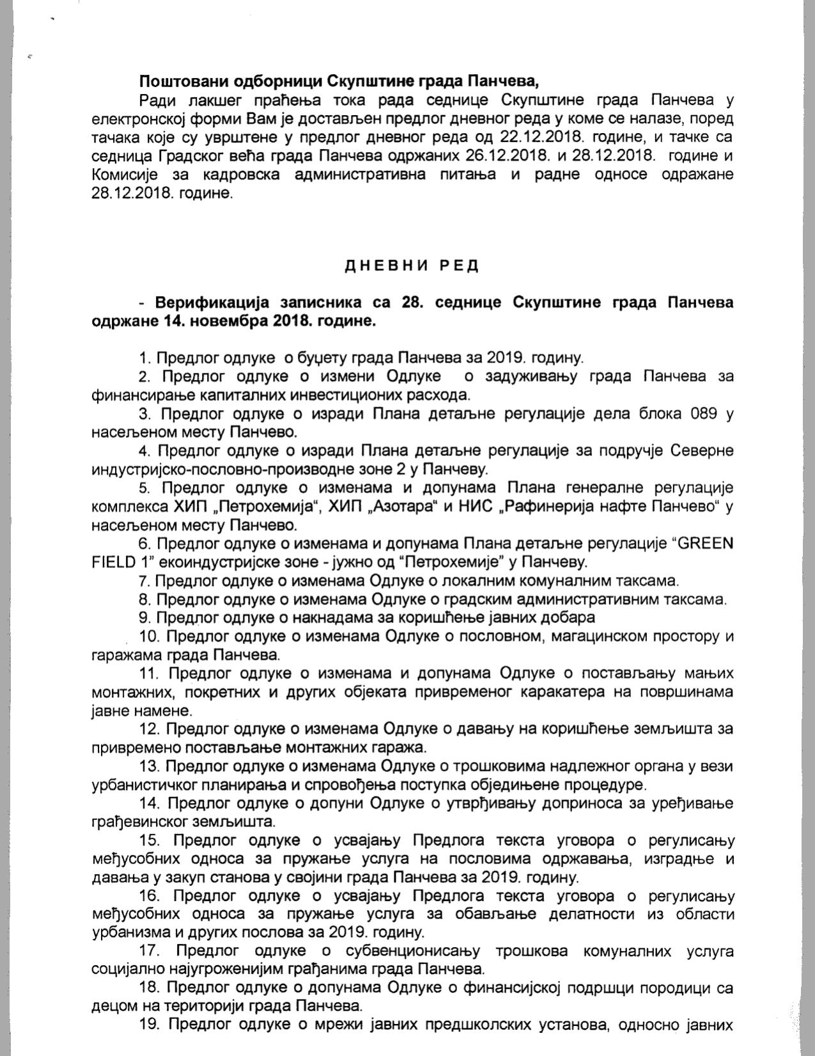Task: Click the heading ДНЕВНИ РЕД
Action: pos(412,266)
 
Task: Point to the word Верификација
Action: pos(214,303)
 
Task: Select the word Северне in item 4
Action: pos(702,451)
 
